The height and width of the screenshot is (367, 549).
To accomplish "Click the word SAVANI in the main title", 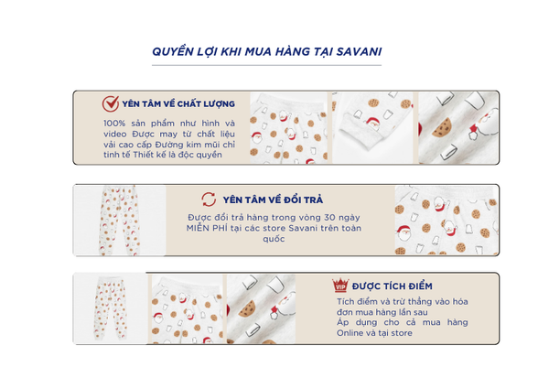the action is pyautogui.click(x=359, y=51).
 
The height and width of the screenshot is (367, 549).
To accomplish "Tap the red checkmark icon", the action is pyautogui.click(x=111, y=103).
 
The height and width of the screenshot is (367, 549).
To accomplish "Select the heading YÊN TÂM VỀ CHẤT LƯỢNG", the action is pyautogui.click(x=178, y=103).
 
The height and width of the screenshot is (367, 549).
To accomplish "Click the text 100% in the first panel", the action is pyautogui.click(x=114, y=124).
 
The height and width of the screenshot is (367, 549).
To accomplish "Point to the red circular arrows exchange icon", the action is pyautogui.click(x=209, y=200).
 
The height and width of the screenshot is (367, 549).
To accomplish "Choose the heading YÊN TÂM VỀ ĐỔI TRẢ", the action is pyautogui.click(x=273, y=200).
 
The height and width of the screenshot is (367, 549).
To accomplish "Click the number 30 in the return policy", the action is pyautogui.click(x=329, y=218).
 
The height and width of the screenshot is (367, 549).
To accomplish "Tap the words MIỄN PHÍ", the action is pyautogui.click(x=207, y=228).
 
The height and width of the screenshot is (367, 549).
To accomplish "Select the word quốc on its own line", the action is pyautogui.click(x=274, y=239).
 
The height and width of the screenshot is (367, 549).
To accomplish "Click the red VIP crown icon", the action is pyautogui.click(x=340, y=286).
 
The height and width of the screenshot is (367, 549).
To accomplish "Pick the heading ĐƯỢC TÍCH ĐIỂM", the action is pyautogui.click(x=393, y=286).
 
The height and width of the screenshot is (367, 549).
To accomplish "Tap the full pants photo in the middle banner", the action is pyautogui.click(x=119, y=221).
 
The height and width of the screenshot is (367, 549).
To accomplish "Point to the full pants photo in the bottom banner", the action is pyautogui.click(x=111, y=308).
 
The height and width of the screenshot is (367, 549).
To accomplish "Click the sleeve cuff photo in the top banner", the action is pyautogui.click(x=372, y=127).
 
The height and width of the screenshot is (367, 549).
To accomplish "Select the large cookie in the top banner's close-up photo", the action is pyautogui.click(x=442, y=127).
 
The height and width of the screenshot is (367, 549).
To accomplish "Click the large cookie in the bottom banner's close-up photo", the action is pyautogui.click(x=248, y=308).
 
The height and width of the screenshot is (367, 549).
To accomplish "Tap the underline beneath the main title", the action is pyautogui.click(x=266, y=65).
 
